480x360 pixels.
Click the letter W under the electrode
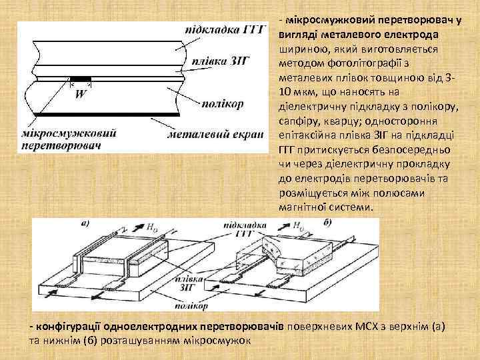(x=80, y=95)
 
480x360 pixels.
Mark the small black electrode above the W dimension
(x=81, y=80)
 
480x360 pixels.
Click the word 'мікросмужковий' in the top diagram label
(x=69, y=133)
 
